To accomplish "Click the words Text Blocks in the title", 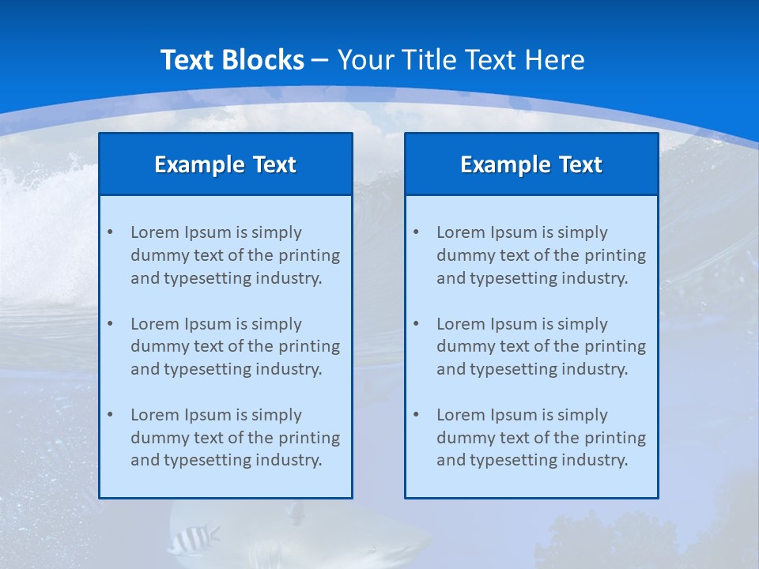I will (232, 60).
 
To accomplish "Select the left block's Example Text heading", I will (225, 164).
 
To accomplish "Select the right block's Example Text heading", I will (531, 164).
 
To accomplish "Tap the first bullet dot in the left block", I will (110, 232).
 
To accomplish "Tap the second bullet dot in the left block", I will (110, 324).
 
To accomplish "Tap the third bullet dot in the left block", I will (110, 415).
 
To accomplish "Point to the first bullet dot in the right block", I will (416, 232).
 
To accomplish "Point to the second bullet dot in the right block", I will (416, 324).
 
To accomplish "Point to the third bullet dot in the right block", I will (416, 415).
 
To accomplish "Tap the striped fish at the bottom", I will (191, 541).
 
